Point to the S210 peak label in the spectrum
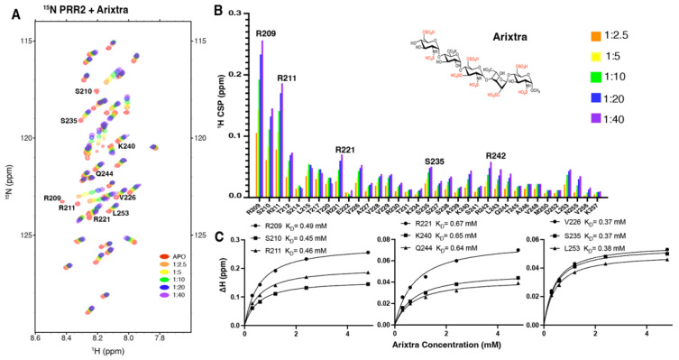[x=87, y=92]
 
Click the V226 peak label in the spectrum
[x=127, y=197]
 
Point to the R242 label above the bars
[x=496, y=154]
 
